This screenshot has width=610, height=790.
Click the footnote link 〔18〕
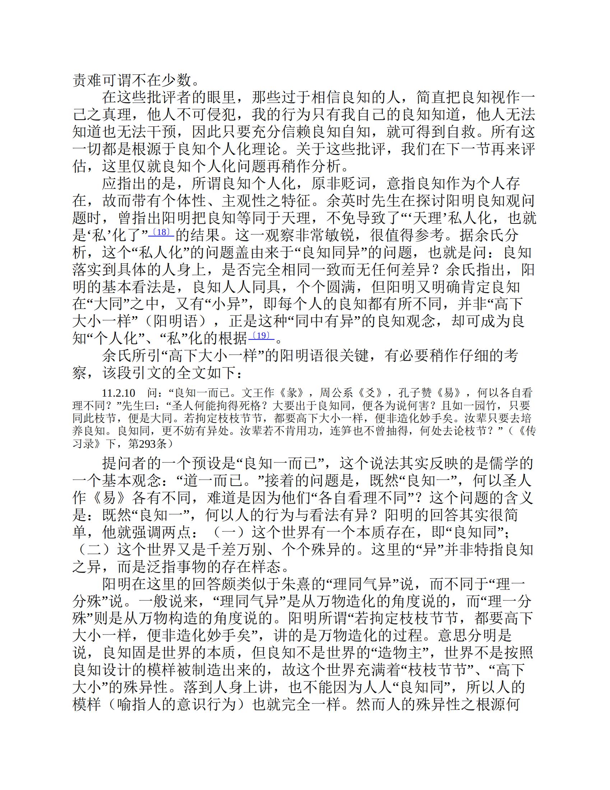(161, 232)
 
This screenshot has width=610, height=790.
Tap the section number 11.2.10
(118, 393)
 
